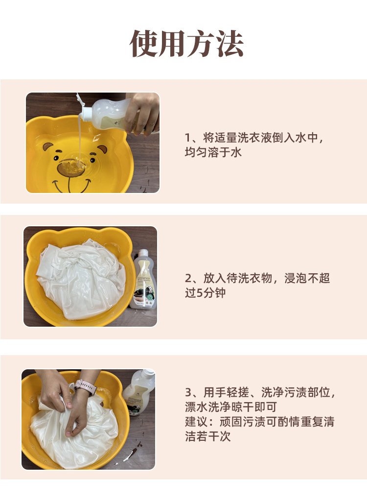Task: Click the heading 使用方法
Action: (x=186, y=44)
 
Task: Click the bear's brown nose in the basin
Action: (x=71, y=168)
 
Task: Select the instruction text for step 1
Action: (x=254, y=145)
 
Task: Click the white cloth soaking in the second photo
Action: (x=81, y=280)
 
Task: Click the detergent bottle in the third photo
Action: (x=139, y=391)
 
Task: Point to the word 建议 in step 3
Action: (x=196, y=422)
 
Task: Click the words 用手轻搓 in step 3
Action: (x=226, y=392)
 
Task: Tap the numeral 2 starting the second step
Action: (x=188, y=279)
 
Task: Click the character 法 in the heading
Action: (x=230, y=44)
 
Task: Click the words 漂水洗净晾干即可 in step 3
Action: (x=231, y=407)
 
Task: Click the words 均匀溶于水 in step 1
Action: (x=213, y=152)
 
